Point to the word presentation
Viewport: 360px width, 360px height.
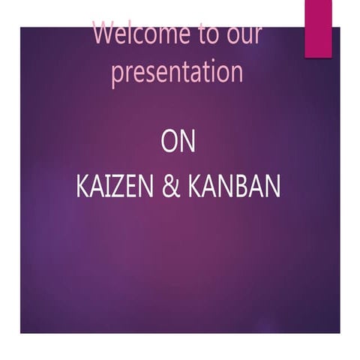(177, 73)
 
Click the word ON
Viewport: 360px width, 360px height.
(178, 142)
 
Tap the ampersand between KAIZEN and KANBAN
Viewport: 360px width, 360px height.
(171, 187)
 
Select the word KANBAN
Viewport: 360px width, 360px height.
(234, 187)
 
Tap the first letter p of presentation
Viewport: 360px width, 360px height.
(118, 75)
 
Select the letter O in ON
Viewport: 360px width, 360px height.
(169, 142)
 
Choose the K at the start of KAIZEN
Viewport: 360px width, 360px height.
(82, 187)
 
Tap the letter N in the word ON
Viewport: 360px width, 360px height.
(187, 142)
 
